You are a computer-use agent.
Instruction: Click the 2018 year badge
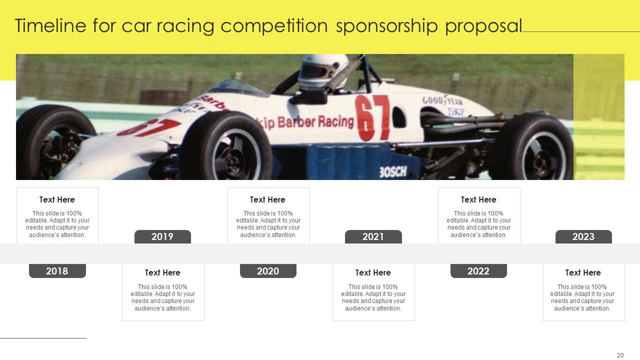click(x=57, y=271)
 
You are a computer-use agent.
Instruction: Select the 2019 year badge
click(x=162, y=237)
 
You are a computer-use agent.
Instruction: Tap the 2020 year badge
click(x=268, y=271)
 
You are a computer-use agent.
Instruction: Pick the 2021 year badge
click(x=373, y=237)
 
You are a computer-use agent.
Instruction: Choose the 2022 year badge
click(x=478, y=271)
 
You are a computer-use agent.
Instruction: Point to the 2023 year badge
click(x=583, y=237)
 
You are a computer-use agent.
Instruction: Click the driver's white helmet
click(x=323, y=72)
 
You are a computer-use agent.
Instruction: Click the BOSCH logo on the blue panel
click(x=393, y=172)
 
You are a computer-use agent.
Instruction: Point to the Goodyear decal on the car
click(x=442, y=100)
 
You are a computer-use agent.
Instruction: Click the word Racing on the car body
click(x=336, y=121)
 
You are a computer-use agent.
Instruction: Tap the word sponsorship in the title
click(x=387, y=26)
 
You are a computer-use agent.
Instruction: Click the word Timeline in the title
click(x=50, y=25)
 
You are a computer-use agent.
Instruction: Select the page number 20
click(x=620, y=355)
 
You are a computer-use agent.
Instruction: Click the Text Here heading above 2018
click(x=57, y=199)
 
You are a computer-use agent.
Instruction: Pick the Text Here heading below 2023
click(x=583, y=272)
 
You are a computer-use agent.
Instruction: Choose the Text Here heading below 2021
click(x=373, y=272)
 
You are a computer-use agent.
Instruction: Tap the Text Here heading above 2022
click(x=478, y=199)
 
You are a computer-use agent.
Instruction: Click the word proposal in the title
click(x=483, y=26)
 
